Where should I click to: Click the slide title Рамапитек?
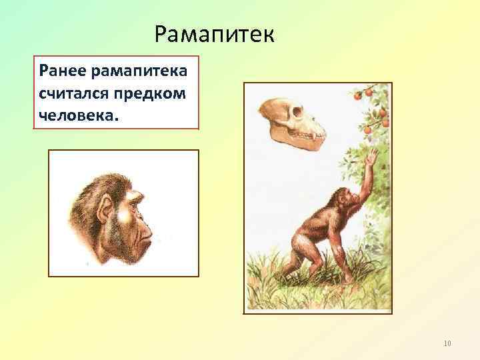[x=213, y=33]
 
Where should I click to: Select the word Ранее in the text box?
[x=60, y=70]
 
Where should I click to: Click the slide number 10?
[x=447, y=343]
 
